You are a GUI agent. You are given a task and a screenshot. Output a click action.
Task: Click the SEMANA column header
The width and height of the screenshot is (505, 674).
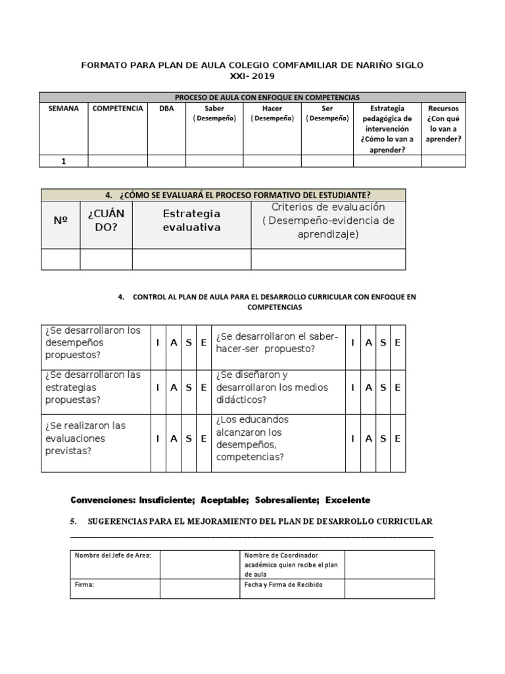coord(64,109)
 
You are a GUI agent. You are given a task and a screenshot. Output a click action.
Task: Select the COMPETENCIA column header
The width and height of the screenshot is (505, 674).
coord(118,109)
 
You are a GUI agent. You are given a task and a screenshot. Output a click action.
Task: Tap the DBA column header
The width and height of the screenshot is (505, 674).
coord(166,109)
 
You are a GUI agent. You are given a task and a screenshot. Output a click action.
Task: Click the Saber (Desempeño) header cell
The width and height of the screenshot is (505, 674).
coord(214,113)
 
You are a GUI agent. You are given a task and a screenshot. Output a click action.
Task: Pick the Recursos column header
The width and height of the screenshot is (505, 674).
coord(443,123)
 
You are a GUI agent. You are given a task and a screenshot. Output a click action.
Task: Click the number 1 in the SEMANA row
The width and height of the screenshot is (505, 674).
coord(64,161)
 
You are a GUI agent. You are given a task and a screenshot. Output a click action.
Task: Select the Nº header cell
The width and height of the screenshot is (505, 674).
coord(60,221)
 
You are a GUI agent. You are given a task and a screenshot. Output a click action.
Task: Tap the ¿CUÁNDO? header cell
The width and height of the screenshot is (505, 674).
coord(106,221)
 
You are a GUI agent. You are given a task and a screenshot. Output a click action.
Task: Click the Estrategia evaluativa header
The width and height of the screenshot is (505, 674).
coord(191,220)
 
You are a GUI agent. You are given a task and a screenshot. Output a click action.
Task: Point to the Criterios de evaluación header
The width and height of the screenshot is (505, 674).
coord(328,221)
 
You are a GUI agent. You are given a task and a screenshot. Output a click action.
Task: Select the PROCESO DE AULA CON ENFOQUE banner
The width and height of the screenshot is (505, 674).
coord(252,97)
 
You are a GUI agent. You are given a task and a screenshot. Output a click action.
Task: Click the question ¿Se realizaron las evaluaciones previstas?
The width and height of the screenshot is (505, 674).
coord(85,438)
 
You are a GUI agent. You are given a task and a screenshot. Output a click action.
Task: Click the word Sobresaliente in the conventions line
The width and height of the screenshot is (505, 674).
coord(286,500)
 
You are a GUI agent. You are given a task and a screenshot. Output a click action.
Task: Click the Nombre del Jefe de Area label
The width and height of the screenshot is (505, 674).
coord(113,556)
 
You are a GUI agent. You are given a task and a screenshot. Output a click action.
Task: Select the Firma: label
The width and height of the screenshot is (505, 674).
coord(85,584)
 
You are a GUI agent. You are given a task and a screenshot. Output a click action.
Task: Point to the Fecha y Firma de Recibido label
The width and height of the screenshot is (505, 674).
coord(283,584)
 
